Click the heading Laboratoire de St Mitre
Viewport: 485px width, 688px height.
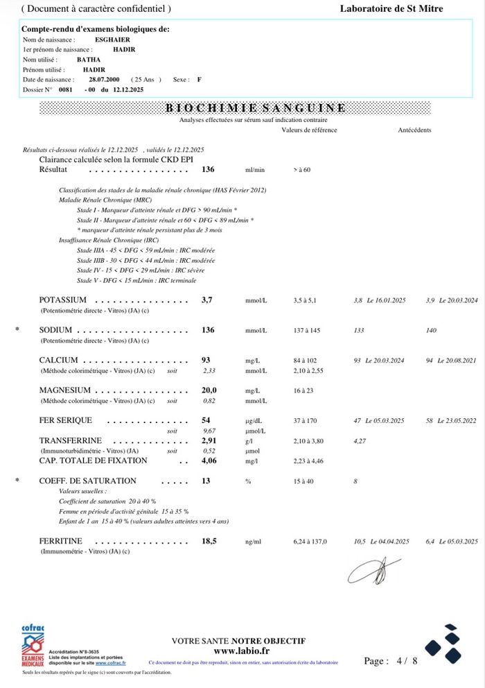391,9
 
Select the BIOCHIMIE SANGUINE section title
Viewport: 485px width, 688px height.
256,108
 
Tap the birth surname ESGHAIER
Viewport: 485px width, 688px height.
112,40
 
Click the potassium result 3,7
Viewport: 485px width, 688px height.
207,300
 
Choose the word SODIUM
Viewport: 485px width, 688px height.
56,331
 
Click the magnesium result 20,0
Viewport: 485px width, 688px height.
209,390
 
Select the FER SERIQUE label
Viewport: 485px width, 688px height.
65,420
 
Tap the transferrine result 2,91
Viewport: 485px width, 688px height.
209,440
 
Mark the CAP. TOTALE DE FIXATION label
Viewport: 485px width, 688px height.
93,461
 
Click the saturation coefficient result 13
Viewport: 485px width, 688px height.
206,481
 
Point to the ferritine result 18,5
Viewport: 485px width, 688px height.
209,541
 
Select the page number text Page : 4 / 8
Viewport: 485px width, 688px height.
391,662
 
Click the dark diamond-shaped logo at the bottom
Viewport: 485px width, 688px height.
443,643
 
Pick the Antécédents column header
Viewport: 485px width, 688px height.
414,130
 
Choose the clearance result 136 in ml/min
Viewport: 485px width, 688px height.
208,169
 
